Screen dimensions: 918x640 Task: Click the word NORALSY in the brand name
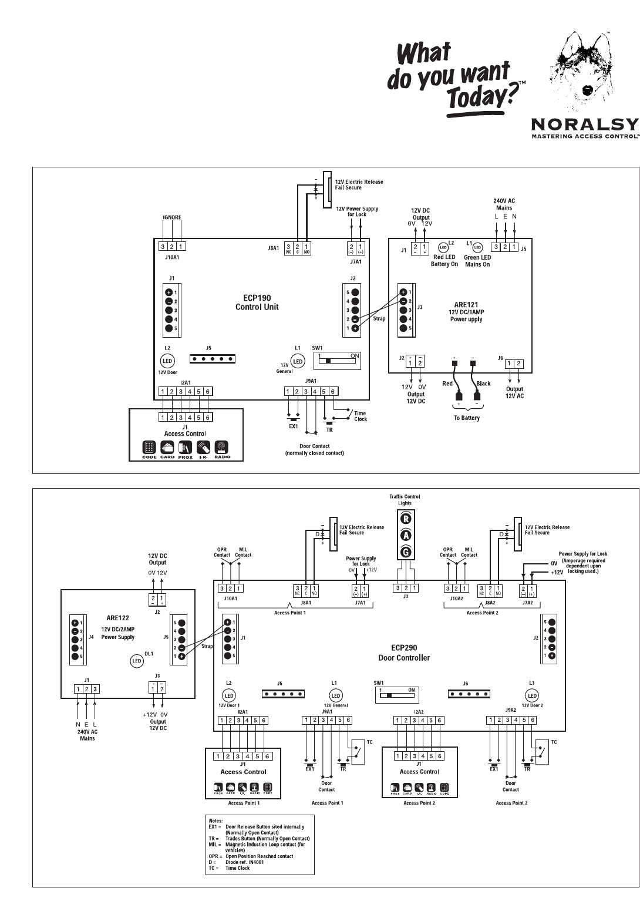(584, 124)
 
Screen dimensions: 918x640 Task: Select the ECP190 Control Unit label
(257, 302)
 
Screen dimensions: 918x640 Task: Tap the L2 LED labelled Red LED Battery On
(443, 248)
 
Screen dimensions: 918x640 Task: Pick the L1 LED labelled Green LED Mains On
(477, 248)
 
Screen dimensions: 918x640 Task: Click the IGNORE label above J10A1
(172, 217)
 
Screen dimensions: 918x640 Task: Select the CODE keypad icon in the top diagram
(149, 448)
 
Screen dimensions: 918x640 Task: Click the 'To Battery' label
(466, 418)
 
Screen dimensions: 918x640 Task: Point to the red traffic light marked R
(406, 519)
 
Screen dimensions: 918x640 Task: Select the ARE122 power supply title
(117, 618)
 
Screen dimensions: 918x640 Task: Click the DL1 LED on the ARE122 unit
(136, 661)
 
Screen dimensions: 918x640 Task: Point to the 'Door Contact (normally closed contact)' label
(314, 450)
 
